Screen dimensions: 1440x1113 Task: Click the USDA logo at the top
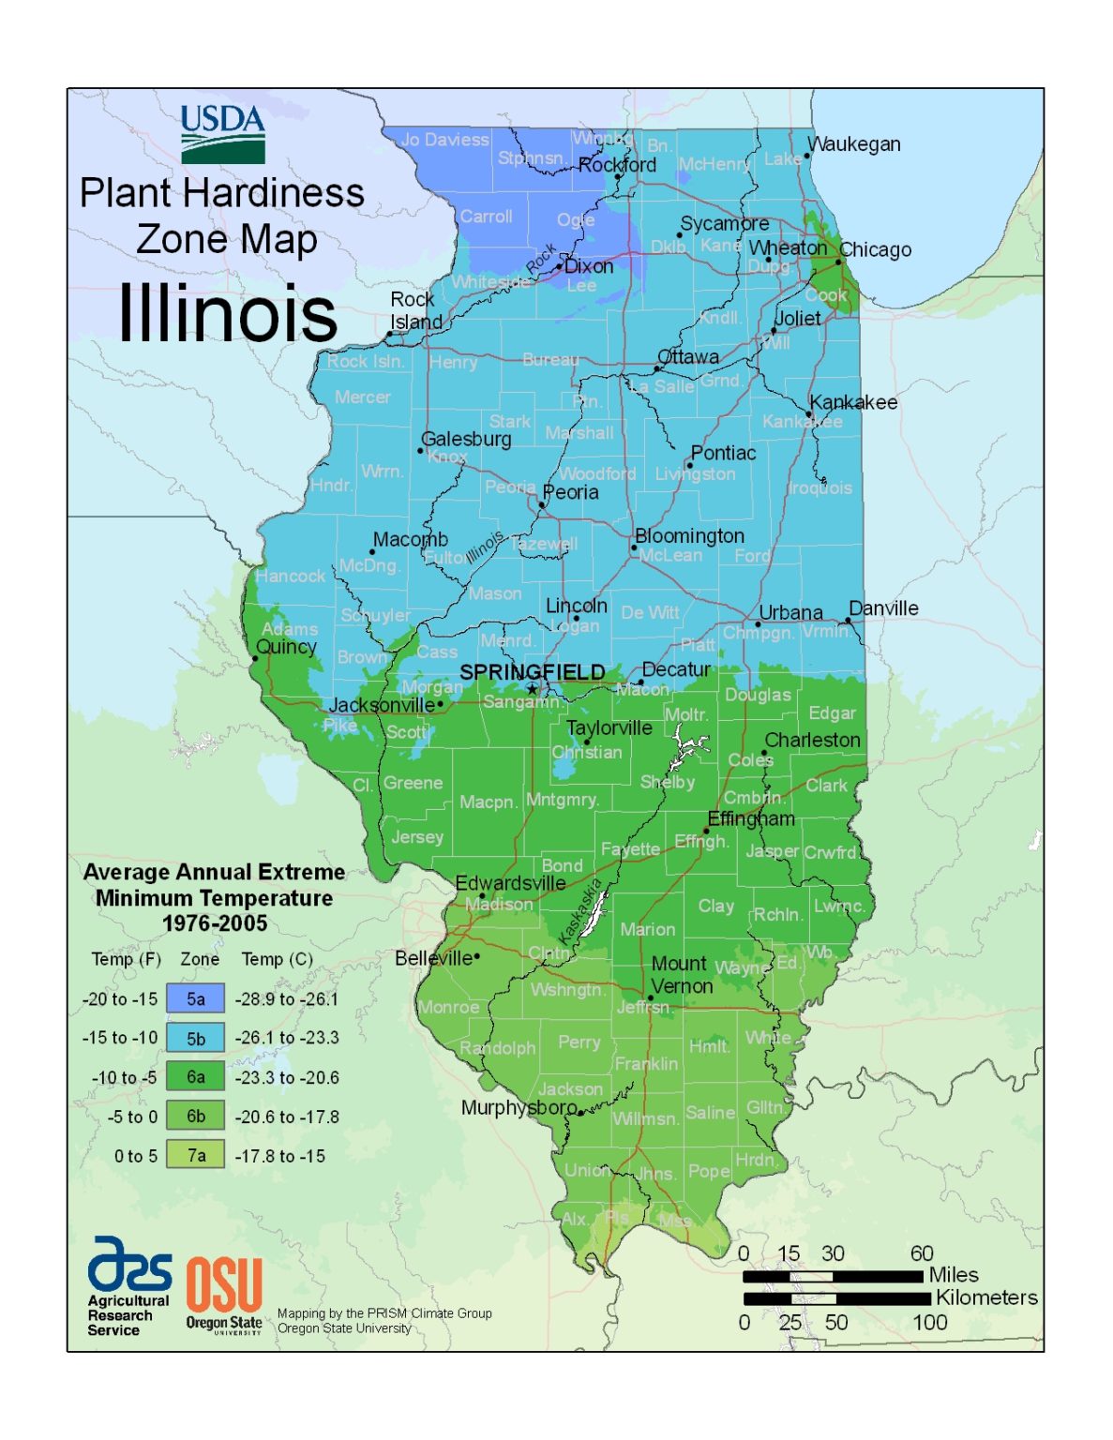click(223, 134)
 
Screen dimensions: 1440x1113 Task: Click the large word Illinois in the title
click(227, 313)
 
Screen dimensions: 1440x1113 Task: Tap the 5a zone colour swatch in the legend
click(195, 998)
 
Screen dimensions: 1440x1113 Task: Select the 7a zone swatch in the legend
click(195, 1155)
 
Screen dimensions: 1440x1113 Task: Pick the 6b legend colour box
click(195, 1116)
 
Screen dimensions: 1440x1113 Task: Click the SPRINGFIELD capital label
click(532, 672)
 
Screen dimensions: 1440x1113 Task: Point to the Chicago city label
click(875, 249)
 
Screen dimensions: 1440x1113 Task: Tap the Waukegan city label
click(854, 144)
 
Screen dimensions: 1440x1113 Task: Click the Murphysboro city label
click(519, 1107)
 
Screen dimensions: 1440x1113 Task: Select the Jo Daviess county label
click(445, 140)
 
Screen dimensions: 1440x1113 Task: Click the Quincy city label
click(286, 647)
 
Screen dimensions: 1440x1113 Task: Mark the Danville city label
click(883, 608)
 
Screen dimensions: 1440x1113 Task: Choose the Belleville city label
click(433, 958)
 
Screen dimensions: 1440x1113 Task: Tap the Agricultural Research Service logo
click(128, 1284)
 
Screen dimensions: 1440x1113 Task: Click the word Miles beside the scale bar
click(953, 1275)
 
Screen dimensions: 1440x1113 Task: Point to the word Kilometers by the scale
click(986, 1297)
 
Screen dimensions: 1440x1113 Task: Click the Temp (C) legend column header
click(277, 959)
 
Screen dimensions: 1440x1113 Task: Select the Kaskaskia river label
click(580, 910)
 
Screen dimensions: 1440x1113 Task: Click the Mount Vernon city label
click(682, 975)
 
